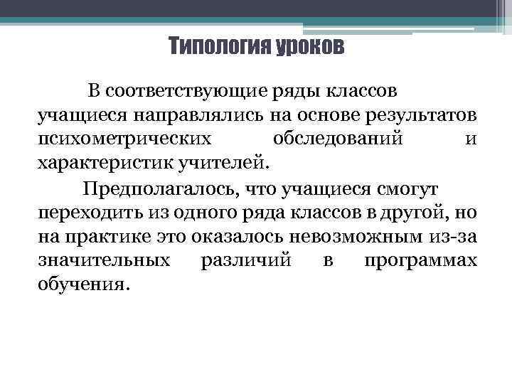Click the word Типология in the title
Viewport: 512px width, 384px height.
(x=213, y=48)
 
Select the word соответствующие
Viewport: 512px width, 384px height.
(x=187, y=92)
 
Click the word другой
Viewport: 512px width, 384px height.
(x=413, y=213)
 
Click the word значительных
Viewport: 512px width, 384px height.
(x=104, y=260)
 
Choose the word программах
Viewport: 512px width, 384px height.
(x=420, y=260)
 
